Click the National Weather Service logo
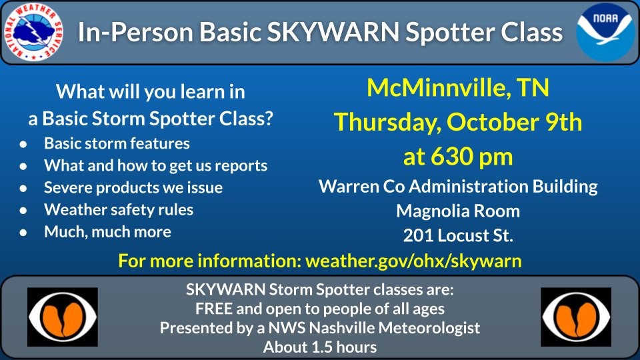pos(33,31)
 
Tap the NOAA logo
pos(606,32)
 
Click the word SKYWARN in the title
pos(333,32)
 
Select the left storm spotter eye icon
pos(63,317)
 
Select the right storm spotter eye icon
pos(576,317)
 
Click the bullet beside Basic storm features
pos(23,144)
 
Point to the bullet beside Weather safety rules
pos(23,210)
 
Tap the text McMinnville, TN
pos(458,88)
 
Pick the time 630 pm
pos(472,156)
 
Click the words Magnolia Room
pos(458,211)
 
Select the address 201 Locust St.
pos(458,235)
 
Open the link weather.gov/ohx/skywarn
pos(413,261)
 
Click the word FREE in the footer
pos(213,309)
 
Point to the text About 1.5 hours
pos(320,347)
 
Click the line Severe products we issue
pos(133,188)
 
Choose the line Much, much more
pos(108,232)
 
